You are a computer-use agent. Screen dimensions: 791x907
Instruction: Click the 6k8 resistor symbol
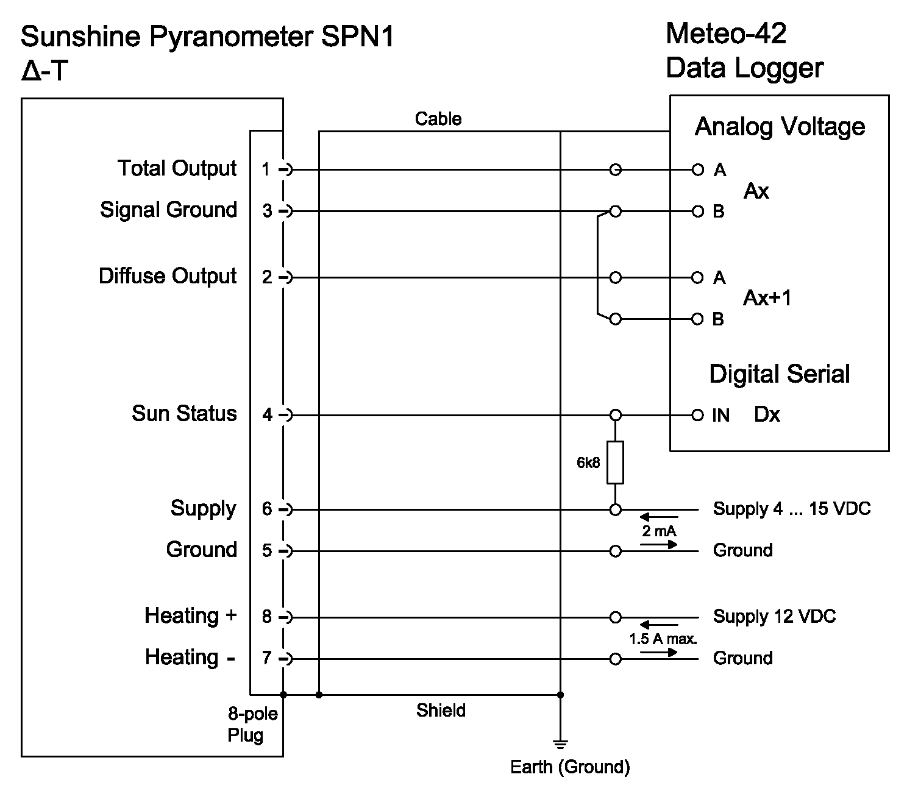tap(615, 463)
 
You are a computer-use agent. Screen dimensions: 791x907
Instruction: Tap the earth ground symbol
tap(560, 743)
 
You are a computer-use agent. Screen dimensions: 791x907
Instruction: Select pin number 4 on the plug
tap(267, 415)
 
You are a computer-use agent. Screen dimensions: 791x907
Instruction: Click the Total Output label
tap(177, 169)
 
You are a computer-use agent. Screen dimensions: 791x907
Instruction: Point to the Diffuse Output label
tap(168, 277)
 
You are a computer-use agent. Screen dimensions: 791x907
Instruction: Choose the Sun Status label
tap(184, 414)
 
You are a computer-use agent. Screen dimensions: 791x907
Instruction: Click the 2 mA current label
tap(659, 531)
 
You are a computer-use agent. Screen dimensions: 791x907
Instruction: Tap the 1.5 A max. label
tap(663, 639)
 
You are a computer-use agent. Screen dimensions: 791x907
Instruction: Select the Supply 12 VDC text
tap(774, 617)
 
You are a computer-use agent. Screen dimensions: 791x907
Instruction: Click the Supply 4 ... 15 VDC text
tap(792, 509)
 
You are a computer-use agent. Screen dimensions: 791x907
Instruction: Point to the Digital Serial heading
tap(779, 374)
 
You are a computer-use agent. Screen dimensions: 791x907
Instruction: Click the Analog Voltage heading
tap(780, 127)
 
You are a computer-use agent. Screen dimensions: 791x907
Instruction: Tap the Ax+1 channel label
tap(767, 298)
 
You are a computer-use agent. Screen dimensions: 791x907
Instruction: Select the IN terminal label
tap(720, 416)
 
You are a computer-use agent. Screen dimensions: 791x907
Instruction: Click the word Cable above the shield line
tap(438, 119)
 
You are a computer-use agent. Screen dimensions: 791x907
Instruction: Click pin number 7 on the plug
tap(267, 658)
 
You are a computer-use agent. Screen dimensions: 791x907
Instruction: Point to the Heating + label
tap(190, 615)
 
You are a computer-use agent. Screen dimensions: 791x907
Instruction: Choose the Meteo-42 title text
tap(725, 34)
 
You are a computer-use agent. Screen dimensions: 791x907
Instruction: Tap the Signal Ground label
tap(168, 210)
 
